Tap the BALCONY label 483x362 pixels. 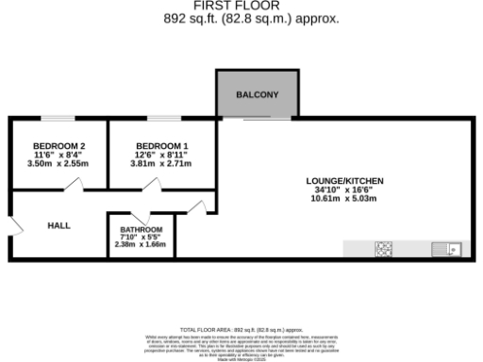256,95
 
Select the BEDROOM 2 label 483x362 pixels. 59,145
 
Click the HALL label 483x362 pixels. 60,225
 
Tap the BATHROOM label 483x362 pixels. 141,231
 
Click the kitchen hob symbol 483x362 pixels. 385,250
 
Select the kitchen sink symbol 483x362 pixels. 444,250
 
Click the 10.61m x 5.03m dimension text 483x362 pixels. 345,200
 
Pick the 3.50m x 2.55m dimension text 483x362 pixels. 58,163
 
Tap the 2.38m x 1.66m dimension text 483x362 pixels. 141,245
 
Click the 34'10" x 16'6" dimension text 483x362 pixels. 345,189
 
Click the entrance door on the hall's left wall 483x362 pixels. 15,226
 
